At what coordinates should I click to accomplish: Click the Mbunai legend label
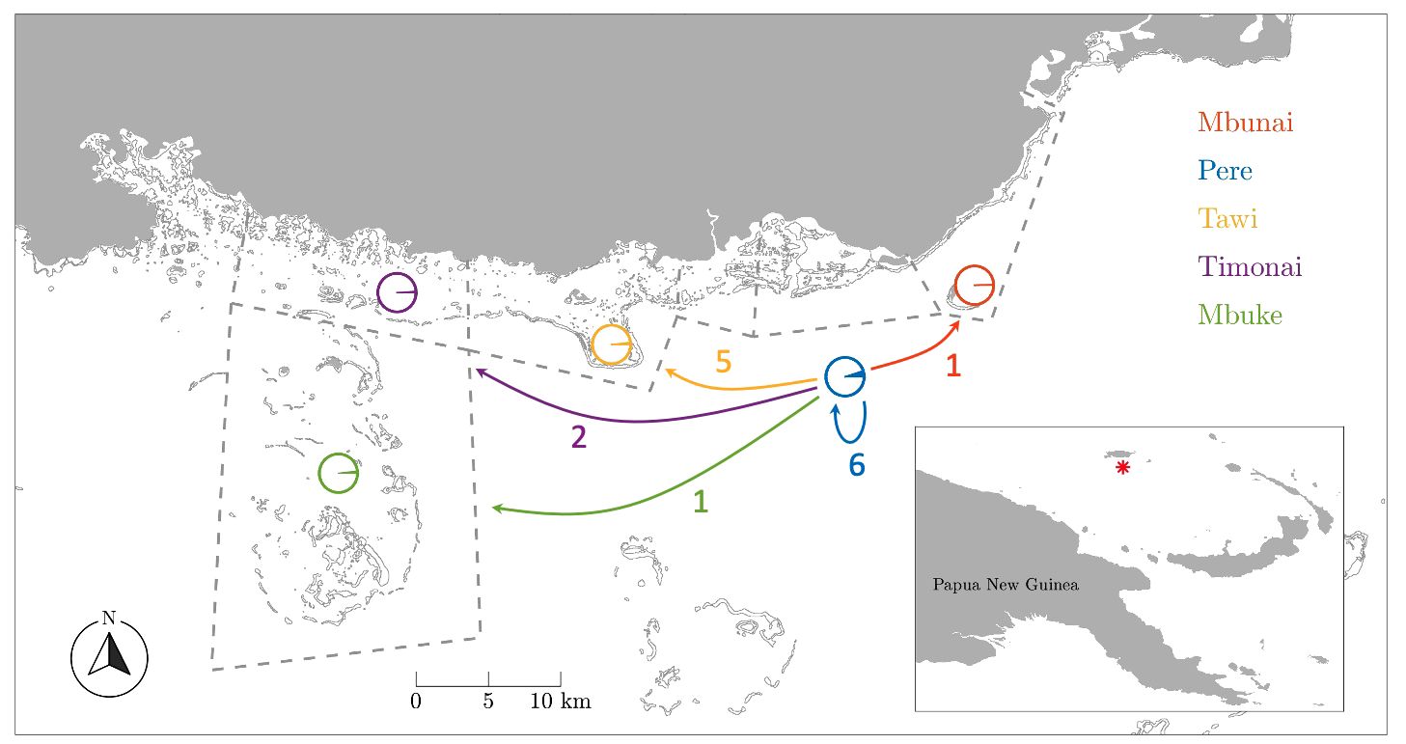pyautogui.click(x=1245, y=123)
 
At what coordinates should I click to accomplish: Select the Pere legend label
pyautogui.click(x=1225, y=171)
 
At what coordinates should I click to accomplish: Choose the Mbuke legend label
pyautogui.click(x=1239, y=314)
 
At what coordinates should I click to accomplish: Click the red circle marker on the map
pyautogui.click(x=975, y=285)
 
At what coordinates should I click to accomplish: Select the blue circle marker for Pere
pyautogui.click(x=844, y=376)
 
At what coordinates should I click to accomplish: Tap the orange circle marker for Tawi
pyautogui.click(x=612, y=344)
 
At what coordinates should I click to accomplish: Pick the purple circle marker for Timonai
pyautogui.click(x=397, y=292)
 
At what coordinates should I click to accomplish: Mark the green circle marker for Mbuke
pyautogui.click(x=338, y=473)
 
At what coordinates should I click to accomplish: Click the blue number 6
pyautogui.click(x=857, y=465)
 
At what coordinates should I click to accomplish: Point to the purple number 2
pyautogui.click(x=578, y=438)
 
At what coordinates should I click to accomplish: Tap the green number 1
pyautogui.click(x=702, y=502)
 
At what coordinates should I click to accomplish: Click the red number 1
pyautogui.click(x=953, y=367)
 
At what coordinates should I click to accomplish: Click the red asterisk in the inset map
pyautogui.click(x=1122, y=468)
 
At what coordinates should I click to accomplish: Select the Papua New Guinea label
pyautogui.click(x=1006, y=585)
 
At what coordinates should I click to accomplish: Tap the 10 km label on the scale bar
pyautogui.click(x=560, y=702)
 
